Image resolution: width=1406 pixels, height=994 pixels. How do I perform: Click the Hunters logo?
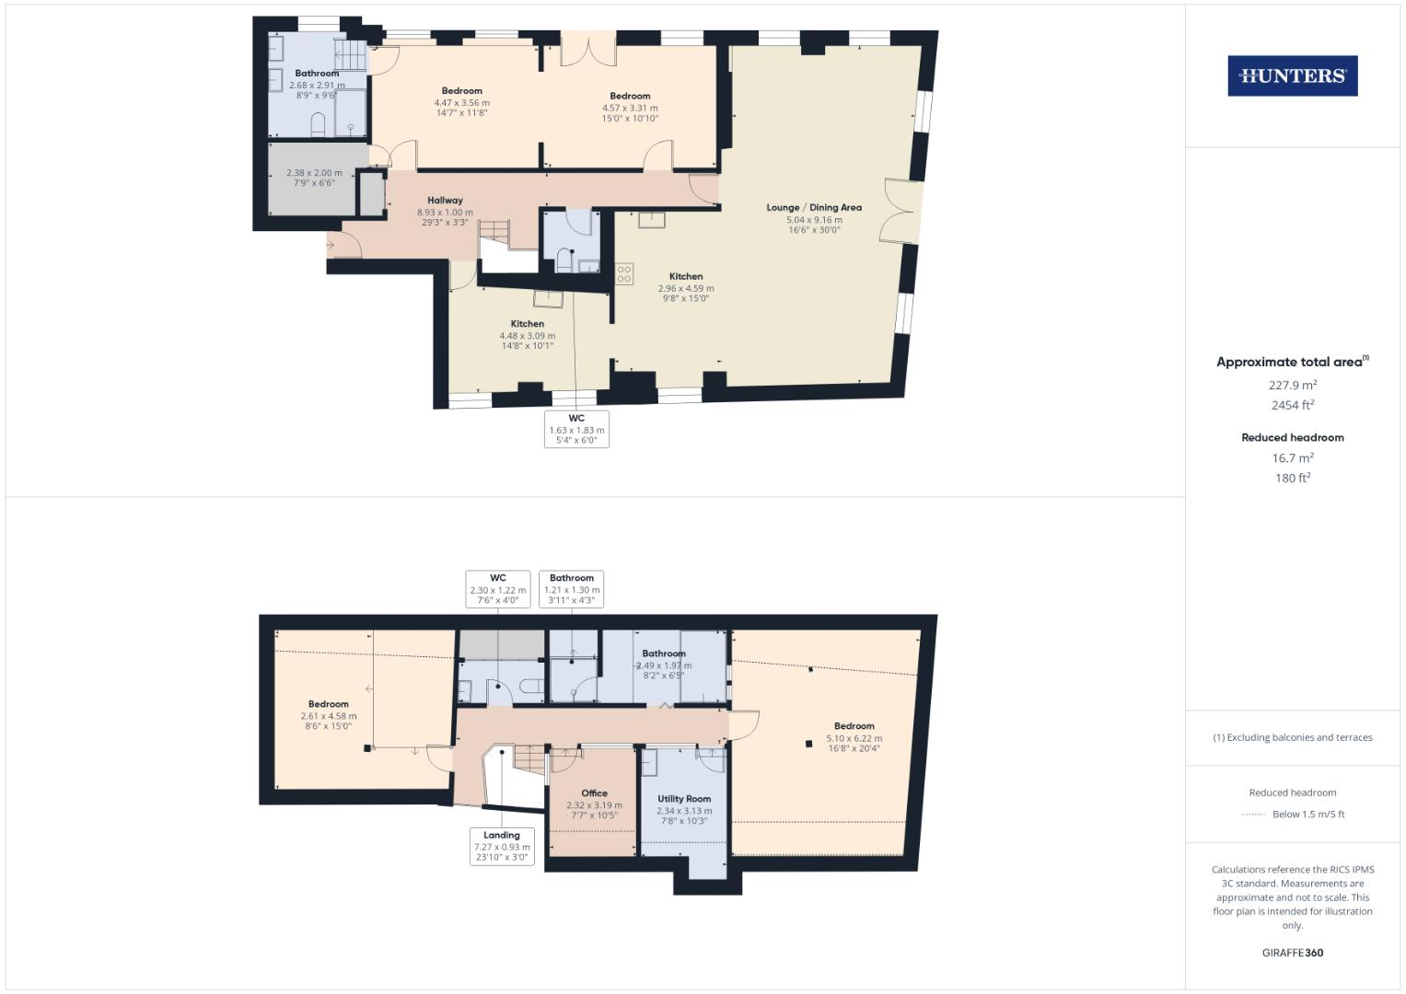[1292, 76]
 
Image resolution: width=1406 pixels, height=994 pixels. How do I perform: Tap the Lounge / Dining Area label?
[814, 207]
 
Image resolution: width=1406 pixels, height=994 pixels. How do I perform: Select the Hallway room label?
[445, 200]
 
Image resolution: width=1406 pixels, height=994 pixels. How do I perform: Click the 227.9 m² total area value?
[1292, 385]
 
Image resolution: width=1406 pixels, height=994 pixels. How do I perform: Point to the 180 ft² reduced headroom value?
[1292, 478]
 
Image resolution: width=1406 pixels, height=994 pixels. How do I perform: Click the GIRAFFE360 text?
[1292, 953]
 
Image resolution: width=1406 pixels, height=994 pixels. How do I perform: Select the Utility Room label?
[684, 799]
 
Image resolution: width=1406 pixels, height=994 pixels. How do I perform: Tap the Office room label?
[594, 793]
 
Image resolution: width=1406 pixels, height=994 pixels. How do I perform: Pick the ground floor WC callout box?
[576, 429]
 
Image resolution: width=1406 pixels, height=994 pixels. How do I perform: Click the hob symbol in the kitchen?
[624, 273]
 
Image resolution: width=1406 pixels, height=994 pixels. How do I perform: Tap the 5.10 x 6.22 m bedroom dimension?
[854, 738]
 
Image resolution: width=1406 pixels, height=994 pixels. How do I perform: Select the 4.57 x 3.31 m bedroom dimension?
[630, 108]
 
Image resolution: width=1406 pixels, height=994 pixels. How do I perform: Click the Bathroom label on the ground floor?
[317, 74]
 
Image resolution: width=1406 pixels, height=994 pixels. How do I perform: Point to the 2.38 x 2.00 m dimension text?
[314, 173]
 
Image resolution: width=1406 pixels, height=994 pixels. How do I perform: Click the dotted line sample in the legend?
[1253, 815]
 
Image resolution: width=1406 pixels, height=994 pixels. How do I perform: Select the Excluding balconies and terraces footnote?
[1292, 737]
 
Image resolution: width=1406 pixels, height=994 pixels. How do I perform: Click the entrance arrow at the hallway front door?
[331, 245]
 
